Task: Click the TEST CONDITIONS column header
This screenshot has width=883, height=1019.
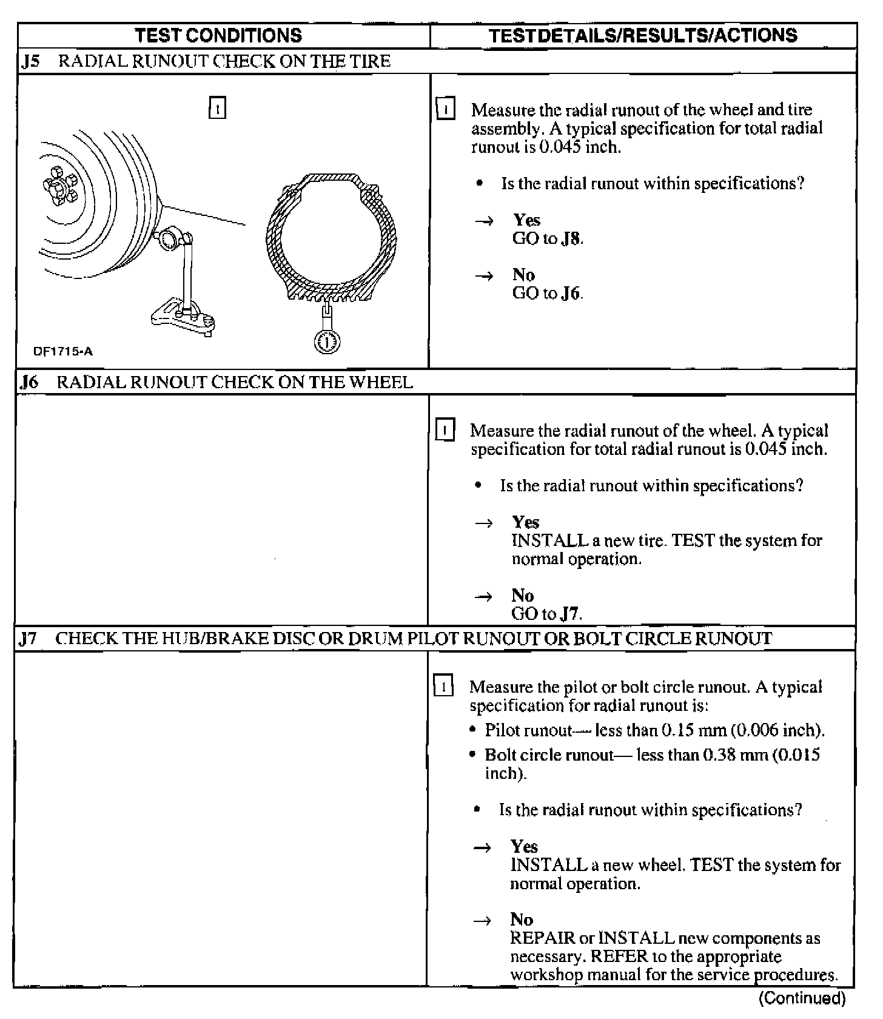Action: pos(218,35)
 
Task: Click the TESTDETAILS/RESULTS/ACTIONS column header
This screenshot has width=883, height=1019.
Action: pos(643,35)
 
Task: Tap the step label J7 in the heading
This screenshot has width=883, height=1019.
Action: pos(28,639)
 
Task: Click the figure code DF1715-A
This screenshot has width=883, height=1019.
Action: pos(63,351)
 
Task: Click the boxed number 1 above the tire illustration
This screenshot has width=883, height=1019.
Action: pos(217,109)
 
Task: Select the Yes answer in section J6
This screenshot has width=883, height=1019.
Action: pos(525,522)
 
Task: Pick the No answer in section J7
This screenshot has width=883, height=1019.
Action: pos(521,919)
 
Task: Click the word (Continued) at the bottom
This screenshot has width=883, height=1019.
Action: pos(802,998)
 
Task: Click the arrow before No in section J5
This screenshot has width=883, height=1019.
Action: pos(484,277)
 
